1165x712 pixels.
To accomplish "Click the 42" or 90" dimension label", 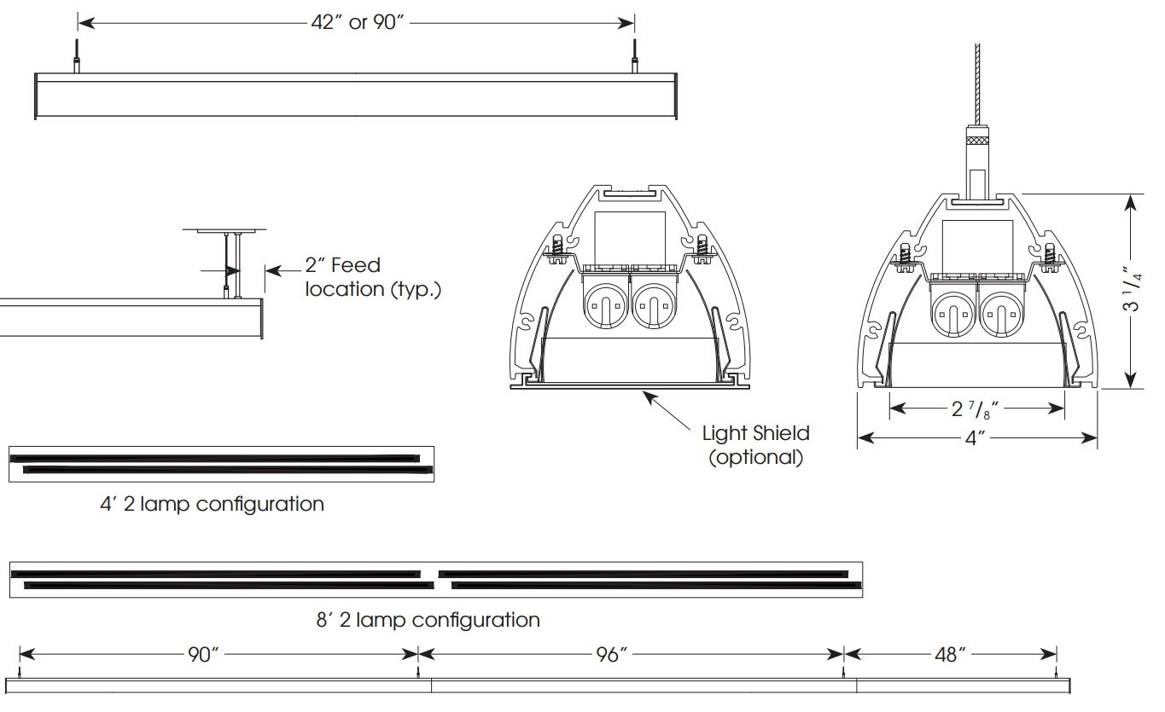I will [x=356, y=22].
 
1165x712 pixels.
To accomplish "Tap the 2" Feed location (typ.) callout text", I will [x=373, y=277].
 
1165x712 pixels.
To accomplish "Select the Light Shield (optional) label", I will [x=756, y=444].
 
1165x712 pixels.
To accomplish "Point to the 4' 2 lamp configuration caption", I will [x=212, y=504].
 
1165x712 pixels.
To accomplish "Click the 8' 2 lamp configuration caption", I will [x=428, y=620].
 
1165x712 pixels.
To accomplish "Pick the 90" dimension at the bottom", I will [x=204, y=655].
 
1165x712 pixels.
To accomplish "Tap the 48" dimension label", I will [x=951, y=655].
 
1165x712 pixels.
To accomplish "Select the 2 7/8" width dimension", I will [x=975, y=408].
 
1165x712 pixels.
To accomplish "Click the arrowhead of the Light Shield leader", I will [x=646, y=394].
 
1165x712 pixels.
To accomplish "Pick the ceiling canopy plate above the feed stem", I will [x=224, y=230].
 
